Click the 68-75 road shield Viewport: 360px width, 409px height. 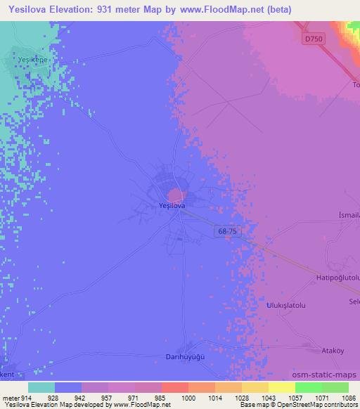(226, 230)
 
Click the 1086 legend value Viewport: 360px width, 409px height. (349, 398)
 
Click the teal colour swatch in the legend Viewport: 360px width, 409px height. (41, 387)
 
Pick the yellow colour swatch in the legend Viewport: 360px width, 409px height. (282, 387)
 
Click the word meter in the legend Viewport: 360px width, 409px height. (10, 398)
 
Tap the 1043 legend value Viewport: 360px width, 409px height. (268, 398)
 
